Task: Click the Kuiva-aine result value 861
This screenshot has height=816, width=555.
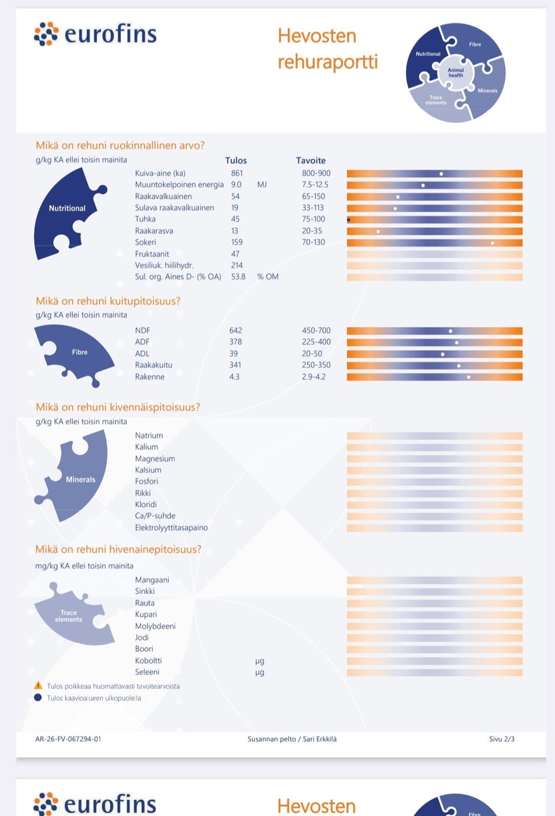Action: pyautogui.click(x=237, y=173)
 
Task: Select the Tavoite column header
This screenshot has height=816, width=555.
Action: pyautogui.click(x=311, y=160)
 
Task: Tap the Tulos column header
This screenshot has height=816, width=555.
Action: pyautogui.click(x=236, y=160)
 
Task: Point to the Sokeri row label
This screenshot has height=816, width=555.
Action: pyautogui.click(x=146, y=242)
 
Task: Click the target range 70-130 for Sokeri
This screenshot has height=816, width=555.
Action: pyautogui.click(x=313, y=242)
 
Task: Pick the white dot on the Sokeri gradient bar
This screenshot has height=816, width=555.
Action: pyautogui.click(x=493, y=243)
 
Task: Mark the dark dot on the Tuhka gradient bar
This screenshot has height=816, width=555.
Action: pyautogui.click(x=349, y=220)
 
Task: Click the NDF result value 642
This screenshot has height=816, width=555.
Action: pyautogui.click(x=236, y=331)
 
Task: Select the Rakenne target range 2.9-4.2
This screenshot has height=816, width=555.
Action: pyautogui.click(x=314, y=377)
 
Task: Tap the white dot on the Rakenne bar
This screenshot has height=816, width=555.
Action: pyautogui.click(x=469, y=377)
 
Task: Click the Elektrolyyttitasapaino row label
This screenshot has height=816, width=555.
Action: pyautogui.click(x=171, y=528)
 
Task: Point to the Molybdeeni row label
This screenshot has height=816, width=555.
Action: pyautogui.click(x=156, y=626)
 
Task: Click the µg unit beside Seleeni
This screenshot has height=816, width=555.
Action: pyautogui.click(x=260, y=672)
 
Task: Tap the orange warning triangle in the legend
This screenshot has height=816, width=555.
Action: pyautogui.click(x=38, y=685)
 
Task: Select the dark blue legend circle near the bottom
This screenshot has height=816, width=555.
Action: pyautogui.click(x=38, y=698)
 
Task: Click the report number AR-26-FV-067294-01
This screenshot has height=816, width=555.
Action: pyautogui.click(x=68, y=739)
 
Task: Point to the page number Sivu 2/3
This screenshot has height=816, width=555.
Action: pyautogui.click(x=502, y=739)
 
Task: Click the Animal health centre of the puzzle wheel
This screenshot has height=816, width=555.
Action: pyautogui.click(x=456, y=72)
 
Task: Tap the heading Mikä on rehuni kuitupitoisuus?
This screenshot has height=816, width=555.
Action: pyautogui.click(x=108, y=301)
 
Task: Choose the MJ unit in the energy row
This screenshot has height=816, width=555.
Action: pyautogui.click(x=262, y=185)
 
